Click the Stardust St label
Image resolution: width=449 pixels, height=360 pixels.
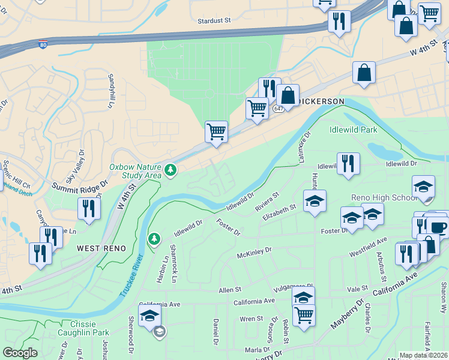(x=214, y=20)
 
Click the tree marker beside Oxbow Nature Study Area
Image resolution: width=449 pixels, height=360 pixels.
(x=171, y=171)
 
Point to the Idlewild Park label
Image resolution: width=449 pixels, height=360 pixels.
(x=352, y=130)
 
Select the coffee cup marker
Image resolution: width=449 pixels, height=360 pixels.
(x=437, y=226)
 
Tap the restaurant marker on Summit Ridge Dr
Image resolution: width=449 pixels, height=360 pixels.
(x=88, y=209)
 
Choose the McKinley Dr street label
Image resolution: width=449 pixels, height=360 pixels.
(x=254, y=250)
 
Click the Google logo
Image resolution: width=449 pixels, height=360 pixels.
(x=20, y=353)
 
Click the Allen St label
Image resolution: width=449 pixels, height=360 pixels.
(x=229, y=290)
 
